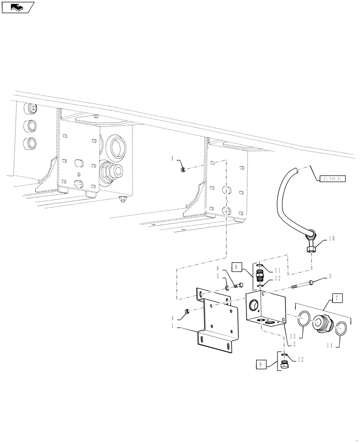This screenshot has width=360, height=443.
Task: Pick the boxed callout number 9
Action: tap(261, 365)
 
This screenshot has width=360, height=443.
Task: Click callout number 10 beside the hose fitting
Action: tap(333, 238)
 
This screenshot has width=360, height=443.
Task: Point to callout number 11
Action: tap(278, 270)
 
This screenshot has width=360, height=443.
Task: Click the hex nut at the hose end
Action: tap(310, 249)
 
